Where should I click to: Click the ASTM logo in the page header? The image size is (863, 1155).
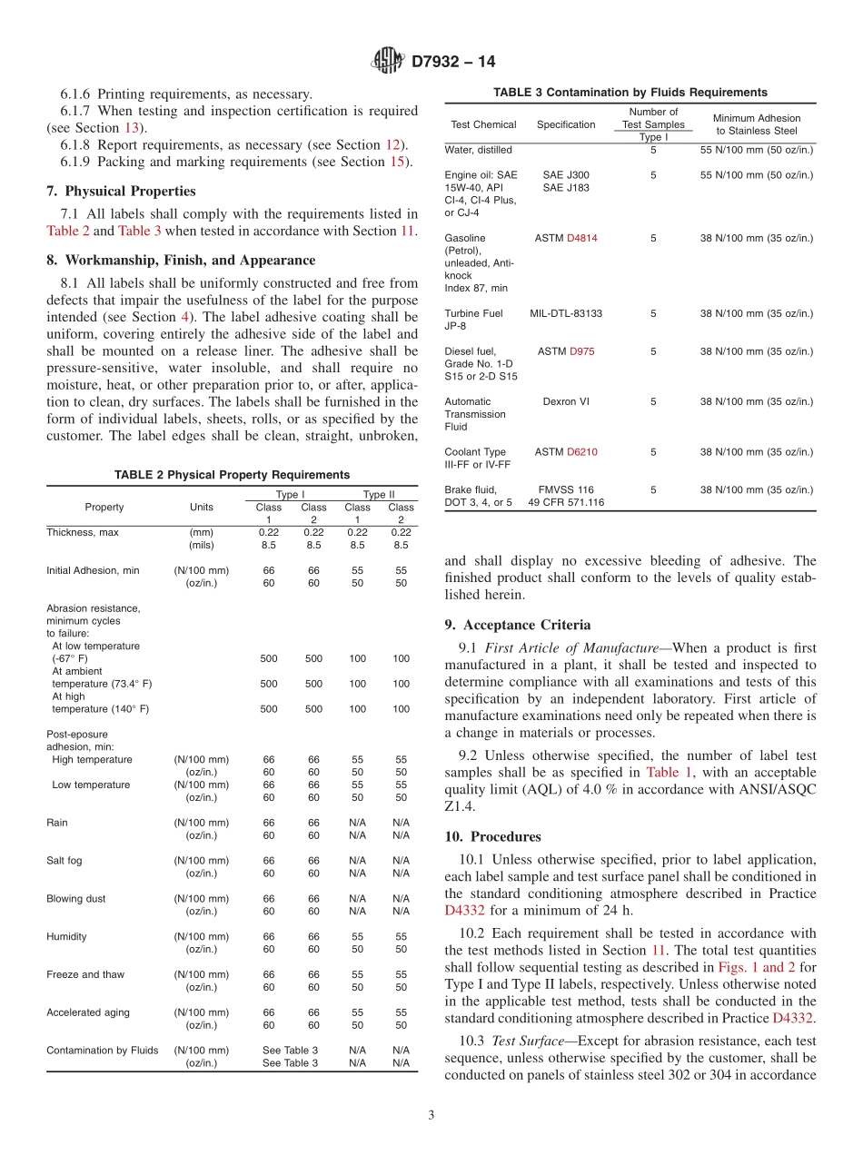pyautogui.click(x=388, y=62)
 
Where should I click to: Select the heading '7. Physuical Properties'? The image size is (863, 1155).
pyautogui.click(x=120, y=191)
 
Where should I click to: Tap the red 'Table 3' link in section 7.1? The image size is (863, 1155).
pyautogui.click(x=139, y=231)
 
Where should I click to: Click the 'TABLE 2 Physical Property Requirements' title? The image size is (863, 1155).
pyautogui.click(x=232, y=475)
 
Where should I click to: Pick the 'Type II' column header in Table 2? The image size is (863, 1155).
pyautogui.click(x=379, y=495)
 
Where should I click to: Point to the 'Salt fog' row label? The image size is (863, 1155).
pyautogui.click(x=64, y=861)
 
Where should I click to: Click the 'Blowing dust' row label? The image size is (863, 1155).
pyautogui.click(x=75, y=899)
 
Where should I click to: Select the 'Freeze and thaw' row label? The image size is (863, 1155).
pyautogui.click(x=85, y=974)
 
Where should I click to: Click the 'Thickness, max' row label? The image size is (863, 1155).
pyautogui.click(x=83, y=533)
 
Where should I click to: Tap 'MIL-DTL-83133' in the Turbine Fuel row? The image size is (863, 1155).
pyautogui.click(x=566, y=313)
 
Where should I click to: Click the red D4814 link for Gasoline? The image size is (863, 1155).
pyautogui.click(x=581, y=239)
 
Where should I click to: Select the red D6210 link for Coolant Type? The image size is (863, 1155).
pyautogui.click(x=582, y=452)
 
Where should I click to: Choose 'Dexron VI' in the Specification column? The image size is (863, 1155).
pyautogui.click(x=566, y=401)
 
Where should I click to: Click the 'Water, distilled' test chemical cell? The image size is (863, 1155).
pyautogui.click(x=478, y=150)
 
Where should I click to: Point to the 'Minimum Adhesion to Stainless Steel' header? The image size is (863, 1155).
pyautogui.click(x=757, y=124)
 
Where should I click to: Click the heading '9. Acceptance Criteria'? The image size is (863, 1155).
pyautogui.click(x=517, y=625)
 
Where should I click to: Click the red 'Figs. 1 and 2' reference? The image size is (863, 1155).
pyautogui.click(x=756, y=968)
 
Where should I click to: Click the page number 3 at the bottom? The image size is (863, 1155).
pyautogui.click(x=431, y=1115)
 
